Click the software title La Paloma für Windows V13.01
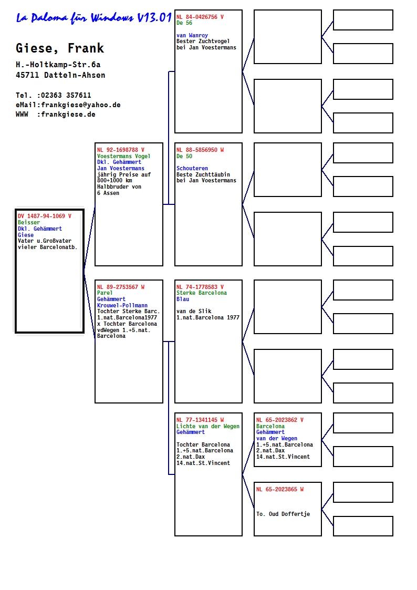click(x=93, y=18)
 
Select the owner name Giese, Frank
click(x=60, y=48)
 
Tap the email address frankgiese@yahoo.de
click(x=81, y=105)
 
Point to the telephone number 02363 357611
click(x=66, y=95)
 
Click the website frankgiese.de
click(x=68, y=115)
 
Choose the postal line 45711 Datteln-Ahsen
click(x=60, y=75)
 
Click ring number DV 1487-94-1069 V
click(x=44, y=216)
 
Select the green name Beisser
click(x=28, y=222)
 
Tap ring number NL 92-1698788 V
click(x=121, y=150)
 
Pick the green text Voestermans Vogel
click(x=124, y=156)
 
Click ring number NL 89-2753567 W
click(x=121, y=287)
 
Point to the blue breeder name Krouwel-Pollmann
click(x=122, y=305)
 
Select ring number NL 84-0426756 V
click(x=200, y=17)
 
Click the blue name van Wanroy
click(x=192, y=35)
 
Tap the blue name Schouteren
click(x=192, y=168)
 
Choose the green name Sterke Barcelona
click(x=202, y=293)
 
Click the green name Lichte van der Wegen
click(x=208, y=426)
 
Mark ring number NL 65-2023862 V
click(x=280, y=420)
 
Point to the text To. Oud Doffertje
click(x=283, y=514)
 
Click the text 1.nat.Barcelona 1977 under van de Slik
click(x=208, y=317)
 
